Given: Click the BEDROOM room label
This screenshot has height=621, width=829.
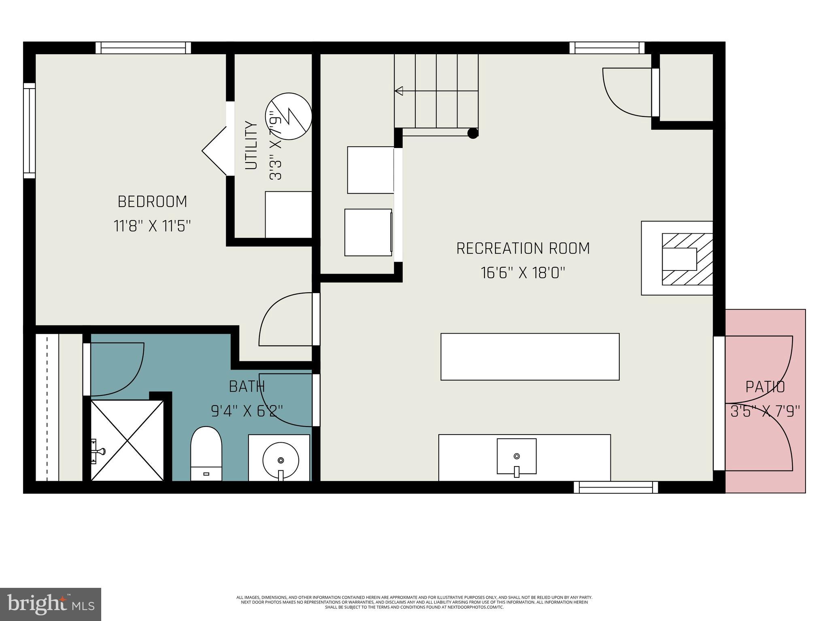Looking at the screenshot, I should (x=152, y=201).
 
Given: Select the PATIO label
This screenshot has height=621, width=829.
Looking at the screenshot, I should (x=765, y=387).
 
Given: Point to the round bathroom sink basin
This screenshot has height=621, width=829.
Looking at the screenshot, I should (x=281, y=460).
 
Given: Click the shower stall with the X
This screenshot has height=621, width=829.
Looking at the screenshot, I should (x=127, y=440).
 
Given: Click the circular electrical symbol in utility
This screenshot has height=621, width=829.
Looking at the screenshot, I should (x=289, y=116).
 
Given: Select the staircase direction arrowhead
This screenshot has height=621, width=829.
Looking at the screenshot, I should (x=399, y=91).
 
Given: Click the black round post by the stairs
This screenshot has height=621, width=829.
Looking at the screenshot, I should (x=472, y=133).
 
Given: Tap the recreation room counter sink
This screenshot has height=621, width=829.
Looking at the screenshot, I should (x=517, y=456).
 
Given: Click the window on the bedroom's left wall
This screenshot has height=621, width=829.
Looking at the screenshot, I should (x=30, y=130).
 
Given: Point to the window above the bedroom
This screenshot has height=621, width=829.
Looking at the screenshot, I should (x=143, y=48).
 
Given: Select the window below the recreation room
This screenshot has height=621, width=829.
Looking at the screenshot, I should (x=616, y=488).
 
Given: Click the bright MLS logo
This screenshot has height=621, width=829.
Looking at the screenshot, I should (x=50, y=604).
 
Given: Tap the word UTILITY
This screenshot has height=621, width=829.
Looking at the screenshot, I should (x=251, y=145).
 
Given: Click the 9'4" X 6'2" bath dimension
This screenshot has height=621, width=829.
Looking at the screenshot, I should (x=247, y=411).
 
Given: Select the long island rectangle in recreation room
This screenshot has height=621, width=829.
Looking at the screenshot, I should (x=530, y=357).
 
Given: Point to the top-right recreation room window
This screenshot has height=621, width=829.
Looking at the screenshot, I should (x=607, y=48).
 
